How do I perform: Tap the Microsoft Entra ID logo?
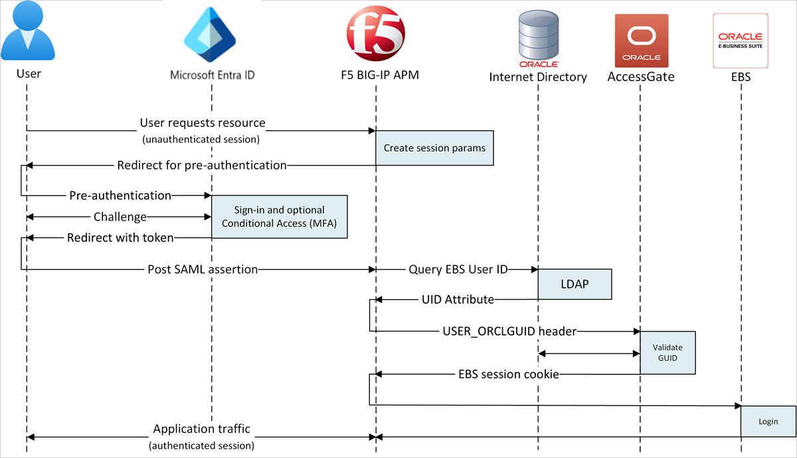(x=211, y=35)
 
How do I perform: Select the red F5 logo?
(x=375, y=34)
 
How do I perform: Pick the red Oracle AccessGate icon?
(x=640, y=39)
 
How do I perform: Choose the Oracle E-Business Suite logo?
(x=741, y=39)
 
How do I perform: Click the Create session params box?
(x=434, y=148)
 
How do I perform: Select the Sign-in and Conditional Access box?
(x=279, y=217)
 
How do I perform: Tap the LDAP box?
(x=574, y=285)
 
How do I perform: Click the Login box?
(x=768, y=421)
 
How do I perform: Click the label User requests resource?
(x=203, y=123)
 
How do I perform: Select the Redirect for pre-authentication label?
(x=201, y=165)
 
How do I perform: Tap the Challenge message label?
(x=120, y=217)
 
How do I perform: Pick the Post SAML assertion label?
(x=203, y=269)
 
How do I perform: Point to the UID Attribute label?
(x=458, y=300)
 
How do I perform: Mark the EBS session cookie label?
(x=508, y=374)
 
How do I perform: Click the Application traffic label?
(x=201, y=429)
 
